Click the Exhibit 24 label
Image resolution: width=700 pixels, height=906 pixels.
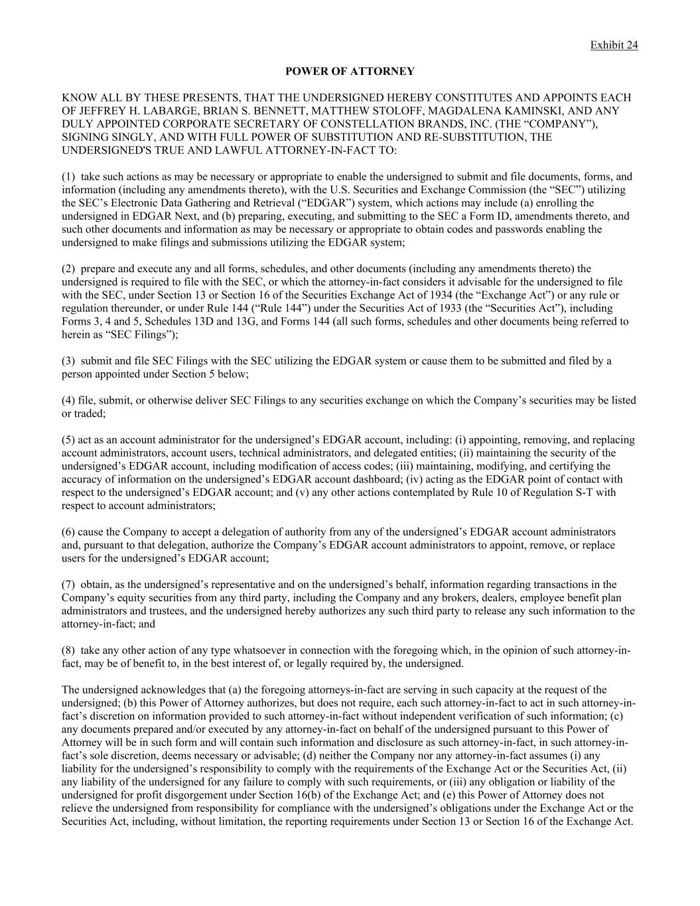point(614,45)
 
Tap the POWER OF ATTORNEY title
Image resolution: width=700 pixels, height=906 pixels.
point(350,71)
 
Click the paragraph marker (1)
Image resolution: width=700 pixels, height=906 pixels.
point(68,177)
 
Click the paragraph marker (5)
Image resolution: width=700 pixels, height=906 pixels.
point(68,440)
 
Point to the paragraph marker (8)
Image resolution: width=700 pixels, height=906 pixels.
point(68,650)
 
